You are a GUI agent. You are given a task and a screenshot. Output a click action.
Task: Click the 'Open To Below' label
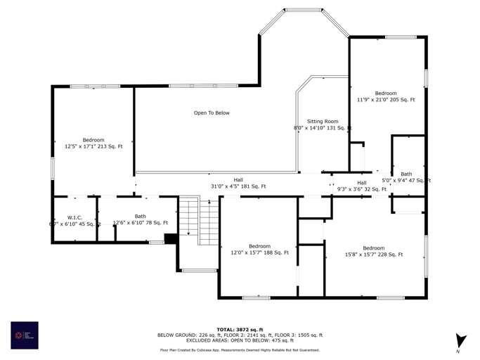click(212, 112)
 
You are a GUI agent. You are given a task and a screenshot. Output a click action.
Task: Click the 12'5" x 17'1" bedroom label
click(93, 143)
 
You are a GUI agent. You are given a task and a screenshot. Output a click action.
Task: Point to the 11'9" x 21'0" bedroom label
click(386, 96)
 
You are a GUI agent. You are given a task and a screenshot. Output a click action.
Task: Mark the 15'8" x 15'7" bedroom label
click(373, 251)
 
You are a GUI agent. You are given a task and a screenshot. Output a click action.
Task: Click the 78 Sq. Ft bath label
click(141, 220)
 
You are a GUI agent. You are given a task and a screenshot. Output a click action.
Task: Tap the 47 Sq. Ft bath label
click(406, 177)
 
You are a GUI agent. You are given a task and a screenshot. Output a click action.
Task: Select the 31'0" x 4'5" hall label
click(238, 183)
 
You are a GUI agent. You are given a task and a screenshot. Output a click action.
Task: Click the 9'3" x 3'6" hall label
click(362, 186)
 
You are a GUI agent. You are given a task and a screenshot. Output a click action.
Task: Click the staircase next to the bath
click(199, 221)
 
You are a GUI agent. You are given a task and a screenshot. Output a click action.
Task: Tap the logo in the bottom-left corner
click(25, 335)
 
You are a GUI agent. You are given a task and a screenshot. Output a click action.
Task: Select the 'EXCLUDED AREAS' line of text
click(240, 340)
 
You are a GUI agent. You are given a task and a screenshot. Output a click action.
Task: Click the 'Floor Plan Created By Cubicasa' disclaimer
click(240, 349)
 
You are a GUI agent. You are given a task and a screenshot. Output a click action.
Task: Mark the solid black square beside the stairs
click(170, 239)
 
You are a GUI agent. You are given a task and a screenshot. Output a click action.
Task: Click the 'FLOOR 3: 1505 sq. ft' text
click(297, 335)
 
